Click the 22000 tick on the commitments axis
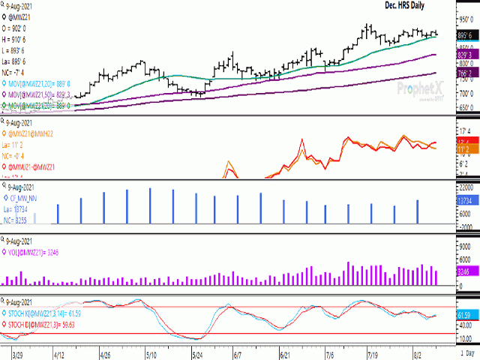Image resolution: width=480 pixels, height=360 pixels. point(467,186)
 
